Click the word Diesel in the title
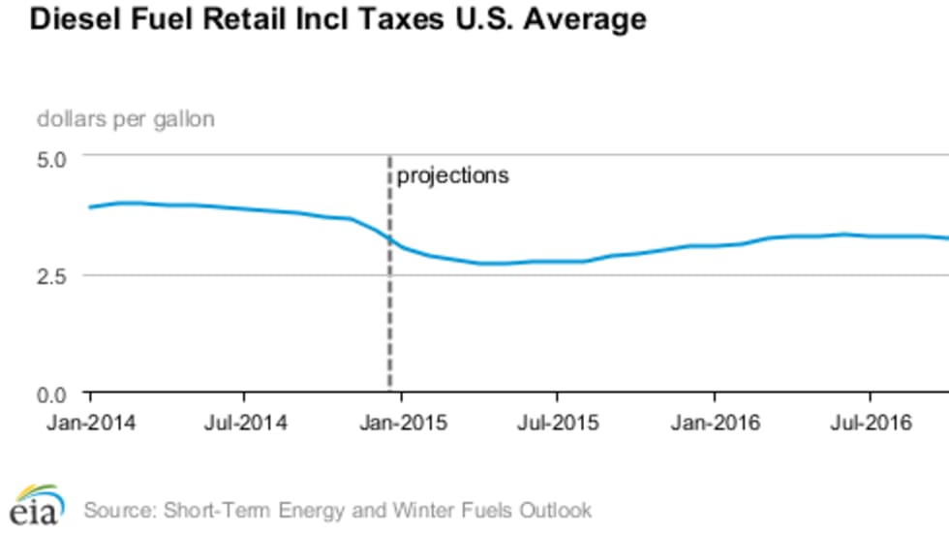(70, 19)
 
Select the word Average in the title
(586, 19)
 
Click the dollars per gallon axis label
(126, 119)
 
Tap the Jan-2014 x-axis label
(91, 424)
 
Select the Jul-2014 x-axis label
(245, 424)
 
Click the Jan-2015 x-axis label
(402, 424)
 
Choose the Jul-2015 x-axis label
(557, 424)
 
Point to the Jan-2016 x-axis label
(714, 424)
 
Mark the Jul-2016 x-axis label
(870, 424)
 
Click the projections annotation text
(452, 176)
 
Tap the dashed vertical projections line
(390, 320)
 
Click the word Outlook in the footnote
(557, 509)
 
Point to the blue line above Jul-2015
(557, 261)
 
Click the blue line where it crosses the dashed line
(390, 238)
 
